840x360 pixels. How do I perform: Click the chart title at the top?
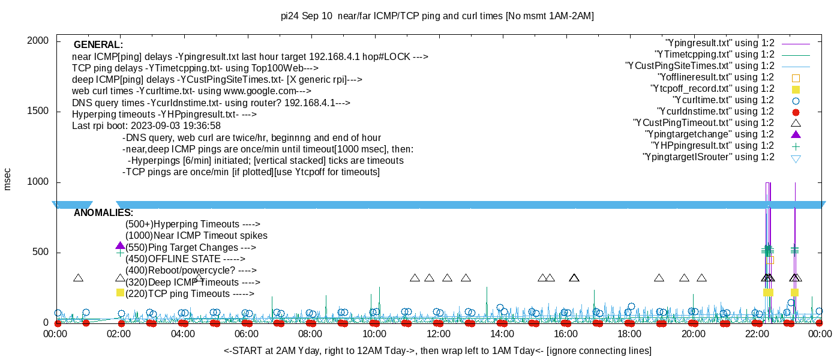(x=437, y=16)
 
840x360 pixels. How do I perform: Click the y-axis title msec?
(x=8, y=179)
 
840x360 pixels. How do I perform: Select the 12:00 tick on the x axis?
(x=438, y=334)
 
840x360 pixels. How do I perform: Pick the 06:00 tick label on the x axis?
(x=247, y=334)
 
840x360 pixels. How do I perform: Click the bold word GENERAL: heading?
(x=98, y=45)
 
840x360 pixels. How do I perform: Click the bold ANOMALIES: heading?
(x=103, y=213)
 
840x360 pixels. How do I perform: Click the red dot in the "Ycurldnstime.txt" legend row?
(x=796, y=112)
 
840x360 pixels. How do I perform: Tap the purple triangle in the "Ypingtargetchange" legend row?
(x=796, y=134)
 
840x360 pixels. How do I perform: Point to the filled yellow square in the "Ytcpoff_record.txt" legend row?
(x=796, y=89)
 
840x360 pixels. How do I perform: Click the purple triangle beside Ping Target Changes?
(x=120, y=246)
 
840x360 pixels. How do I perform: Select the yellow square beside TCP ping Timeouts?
(x=120, y=292)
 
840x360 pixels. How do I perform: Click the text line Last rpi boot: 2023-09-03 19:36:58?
(x=146, y=126)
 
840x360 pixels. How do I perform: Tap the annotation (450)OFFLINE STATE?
(x=185, y=259)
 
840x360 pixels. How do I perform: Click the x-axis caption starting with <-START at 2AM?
(x=437, y=350)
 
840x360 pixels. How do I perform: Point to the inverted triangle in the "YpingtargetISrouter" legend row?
(x=796, y=158)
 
